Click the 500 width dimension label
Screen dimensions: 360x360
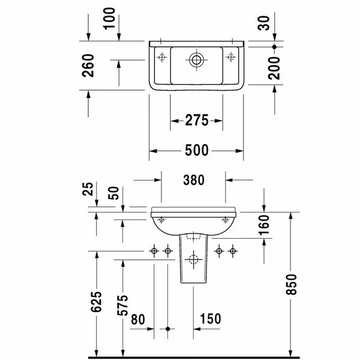[x=196, y=151]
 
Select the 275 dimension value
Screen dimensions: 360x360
[x=196, y=121]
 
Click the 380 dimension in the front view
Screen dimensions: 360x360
[x=194, y=179]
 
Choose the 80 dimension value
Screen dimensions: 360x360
[x=138, y=319]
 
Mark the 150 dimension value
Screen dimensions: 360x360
[x=210, y=319]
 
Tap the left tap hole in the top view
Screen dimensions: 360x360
[x=161, y=57]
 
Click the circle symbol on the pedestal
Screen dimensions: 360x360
[x=193, y=260]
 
